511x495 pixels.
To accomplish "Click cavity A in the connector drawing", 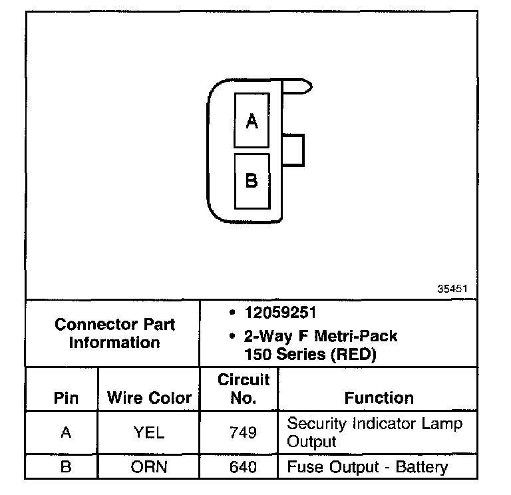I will (x=252, y=120).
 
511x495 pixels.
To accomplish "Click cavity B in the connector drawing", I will (x=252, y=180).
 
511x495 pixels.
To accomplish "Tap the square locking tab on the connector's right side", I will (x=295, y=149).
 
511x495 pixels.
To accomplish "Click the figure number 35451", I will (x=452, y=289).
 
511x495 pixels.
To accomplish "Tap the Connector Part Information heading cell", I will (x=114, y=333).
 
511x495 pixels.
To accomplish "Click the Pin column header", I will (x=65, y=398).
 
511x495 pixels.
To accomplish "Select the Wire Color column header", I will (x=149, y=398).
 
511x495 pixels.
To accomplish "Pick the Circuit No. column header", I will (x=243, y=389).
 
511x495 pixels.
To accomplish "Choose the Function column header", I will (x=379, y=398).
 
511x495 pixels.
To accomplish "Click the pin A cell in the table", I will (x=65, y=432).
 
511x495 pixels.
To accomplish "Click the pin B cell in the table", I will (x=65, y=467).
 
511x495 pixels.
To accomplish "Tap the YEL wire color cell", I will (x=149, y=432).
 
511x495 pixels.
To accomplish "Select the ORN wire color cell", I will (x=149, y=467).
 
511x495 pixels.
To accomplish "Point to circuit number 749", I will (x=243, y=432).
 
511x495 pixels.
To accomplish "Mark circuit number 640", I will (x=243, y=467).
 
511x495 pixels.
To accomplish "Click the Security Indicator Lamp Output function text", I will (x=374, y=432).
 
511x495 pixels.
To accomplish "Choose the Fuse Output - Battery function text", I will (x=367, y=467).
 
